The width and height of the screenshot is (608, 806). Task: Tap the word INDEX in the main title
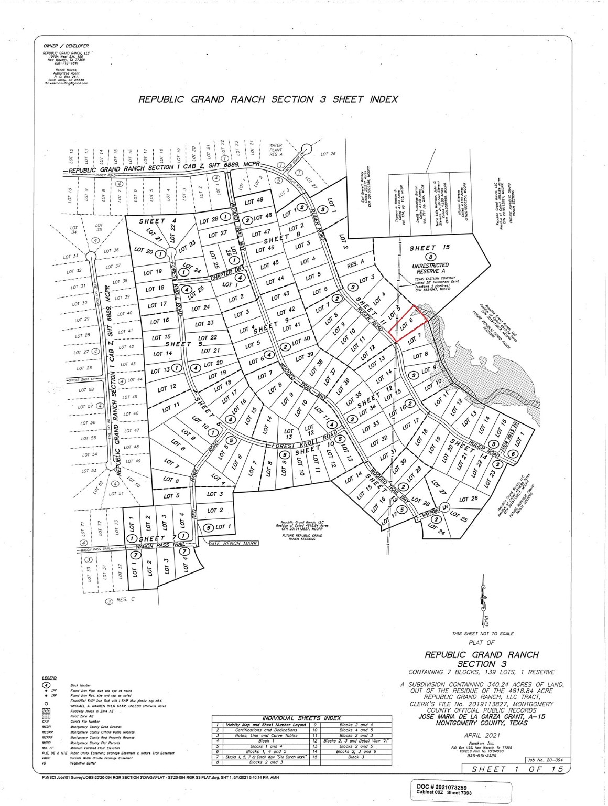point(379,99)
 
